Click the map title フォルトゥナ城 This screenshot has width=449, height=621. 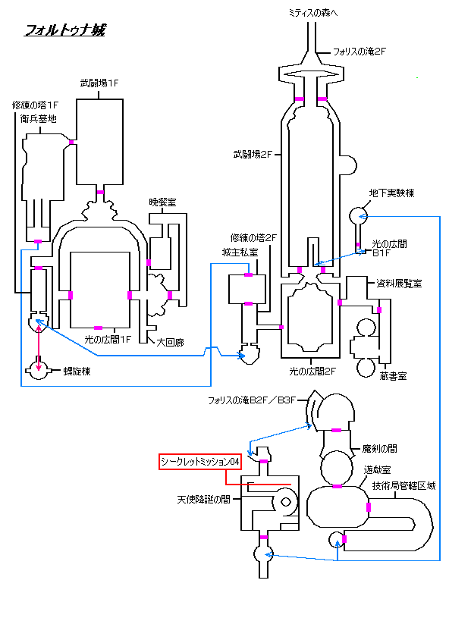click(65, 30)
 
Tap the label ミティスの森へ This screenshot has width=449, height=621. click(313, 13)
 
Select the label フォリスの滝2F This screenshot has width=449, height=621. click(359, 52)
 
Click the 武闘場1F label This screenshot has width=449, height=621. click(99, 83)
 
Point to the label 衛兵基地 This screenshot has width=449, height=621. click(39, 118)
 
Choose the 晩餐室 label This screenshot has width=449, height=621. click(162, 202)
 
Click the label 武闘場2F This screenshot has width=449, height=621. click(253, 155)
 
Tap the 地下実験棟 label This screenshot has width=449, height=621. click(391, 193)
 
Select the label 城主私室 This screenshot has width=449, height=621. click(240, 252)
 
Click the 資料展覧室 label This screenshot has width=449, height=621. click(399, 284)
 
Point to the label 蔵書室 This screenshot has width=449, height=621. click(393, 376)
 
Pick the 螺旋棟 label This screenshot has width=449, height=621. click(77, 371)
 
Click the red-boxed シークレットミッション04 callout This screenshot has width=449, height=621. click(200, 462)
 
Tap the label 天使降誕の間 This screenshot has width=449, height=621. click(204, 500)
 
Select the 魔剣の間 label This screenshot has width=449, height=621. click(380, 449)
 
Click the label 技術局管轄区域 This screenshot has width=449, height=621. click(403, 485)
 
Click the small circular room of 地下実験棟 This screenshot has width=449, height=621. click(358, 216)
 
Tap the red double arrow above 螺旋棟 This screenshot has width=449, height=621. click(39, 348)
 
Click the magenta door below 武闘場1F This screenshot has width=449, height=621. click(100, 192)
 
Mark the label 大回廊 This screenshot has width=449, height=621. click(170, 342)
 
